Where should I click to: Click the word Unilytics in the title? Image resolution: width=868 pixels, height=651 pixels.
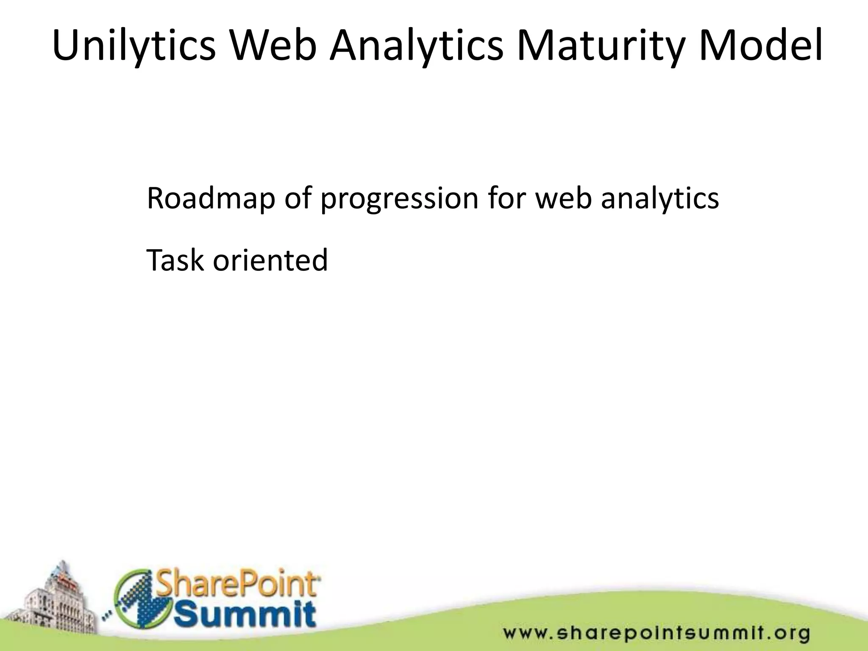134,45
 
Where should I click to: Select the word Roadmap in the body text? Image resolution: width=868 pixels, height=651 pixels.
211,198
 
